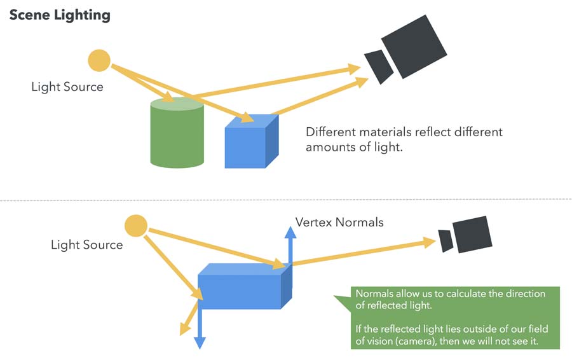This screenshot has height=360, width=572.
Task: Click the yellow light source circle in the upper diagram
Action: pyautogui.click(x=99, y=60)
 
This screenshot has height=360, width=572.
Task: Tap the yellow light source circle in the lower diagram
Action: pyautogui.click(x=135, y=225)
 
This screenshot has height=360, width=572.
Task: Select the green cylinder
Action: pyautogui.click(x=177, y=137)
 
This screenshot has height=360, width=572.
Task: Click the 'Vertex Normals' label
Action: pyautogui.click(x=339, y=223)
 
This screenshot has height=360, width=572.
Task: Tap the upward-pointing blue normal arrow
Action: pyautogui.click(x=290, y=245)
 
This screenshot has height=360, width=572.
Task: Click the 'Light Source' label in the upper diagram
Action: pyautogui.click(x=67, y=87)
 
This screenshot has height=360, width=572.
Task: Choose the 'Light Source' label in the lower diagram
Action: pyautogui.click(x=87, y=244)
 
